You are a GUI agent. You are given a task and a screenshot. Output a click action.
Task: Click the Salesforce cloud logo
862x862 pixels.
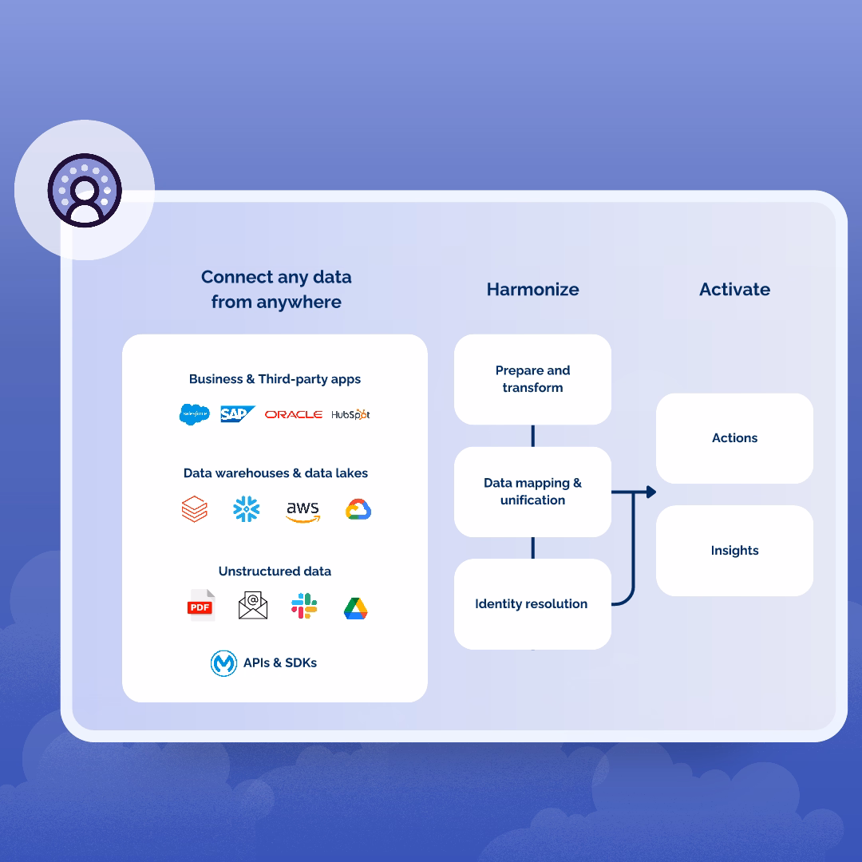pos(194,414)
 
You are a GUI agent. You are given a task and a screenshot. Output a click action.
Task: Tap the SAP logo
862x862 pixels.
pos(237,414)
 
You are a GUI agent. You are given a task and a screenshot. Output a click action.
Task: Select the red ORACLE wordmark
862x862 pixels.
pos(294,414)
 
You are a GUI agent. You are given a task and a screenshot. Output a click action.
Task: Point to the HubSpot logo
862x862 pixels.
pos(350,414)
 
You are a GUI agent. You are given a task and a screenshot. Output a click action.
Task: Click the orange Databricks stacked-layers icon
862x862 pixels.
pos(195,509)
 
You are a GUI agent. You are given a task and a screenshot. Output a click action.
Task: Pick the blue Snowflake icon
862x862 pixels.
pos(247,509)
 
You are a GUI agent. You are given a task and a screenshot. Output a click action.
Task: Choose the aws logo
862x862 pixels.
pos(302,510)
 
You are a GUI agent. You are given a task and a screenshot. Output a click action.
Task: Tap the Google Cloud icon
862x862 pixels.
pos(358,509)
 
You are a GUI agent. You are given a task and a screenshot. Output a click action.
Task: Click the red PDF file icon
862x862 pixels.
pos(200,606)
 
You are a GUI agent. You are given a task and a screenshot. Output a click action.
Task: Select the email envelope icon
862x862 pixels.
pos(253,606)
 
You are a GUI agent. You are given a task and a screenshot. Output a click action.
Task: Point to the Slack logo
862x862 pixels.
pos(304,606)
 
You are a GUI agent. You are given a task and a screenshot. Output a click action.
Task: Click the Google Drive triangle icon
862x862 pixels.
pos(355,608)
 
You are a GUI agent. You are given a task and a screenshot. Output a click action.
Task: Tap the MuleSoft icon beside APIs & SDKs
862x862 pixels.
pos(223,663)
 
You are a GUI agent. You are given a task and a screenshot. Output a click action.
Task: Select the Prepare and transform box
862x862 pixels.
pos(532,379)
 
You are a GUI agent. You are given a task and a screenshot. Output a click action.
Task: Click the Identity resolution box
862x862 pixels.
pos(532,603)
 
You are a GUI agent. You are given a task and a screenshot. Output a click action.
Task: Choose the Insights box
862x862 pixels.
pos(734,550)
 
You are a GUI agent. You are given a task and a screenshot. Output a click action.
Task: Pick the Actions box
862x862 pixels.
pos(734,437)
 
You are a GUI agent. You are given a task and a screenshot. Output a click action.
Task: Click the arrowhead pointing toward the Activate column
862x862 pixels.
pos(650,492)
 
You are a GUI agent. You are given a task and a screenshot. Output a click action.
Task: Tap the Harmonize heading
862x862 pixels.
pos(532,289)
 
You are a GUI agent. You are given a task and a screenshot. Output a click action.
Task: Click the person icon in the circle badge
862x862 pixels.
pos(85,191)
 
